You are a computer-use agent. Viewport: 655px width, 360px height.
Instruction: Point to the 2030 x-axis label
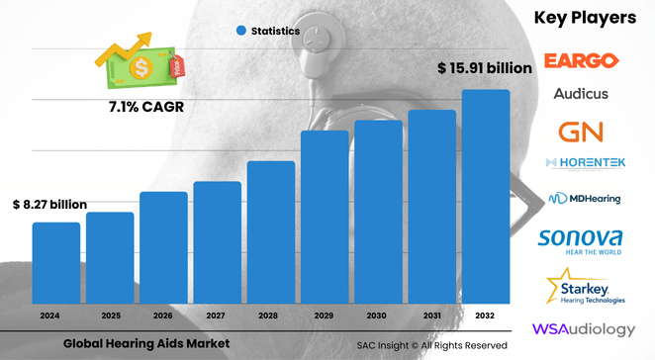point(378,316)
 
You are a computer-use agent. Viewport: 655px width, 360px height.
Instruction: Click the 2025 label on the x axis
point(110,316)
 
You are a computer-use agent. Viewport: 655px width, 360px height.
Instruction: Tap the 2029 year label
point(325,316)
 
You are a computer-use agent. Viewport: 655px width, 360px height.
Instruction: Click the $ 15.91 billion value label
point(485,68)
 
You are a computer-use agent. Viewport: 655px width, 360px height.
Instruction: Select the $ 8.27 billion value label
point(50,204)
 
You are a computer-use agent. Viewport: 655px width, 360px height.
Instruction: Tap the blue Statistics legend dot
point(241,32)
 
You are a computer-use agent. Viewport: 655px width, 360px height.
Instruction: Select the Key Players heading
point(586,18)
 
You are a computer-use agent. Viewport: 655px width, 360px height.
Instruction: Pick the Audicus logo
point(582,94)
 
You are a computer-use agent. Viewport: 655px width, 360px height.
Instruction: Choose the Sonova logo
point(582,240)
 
